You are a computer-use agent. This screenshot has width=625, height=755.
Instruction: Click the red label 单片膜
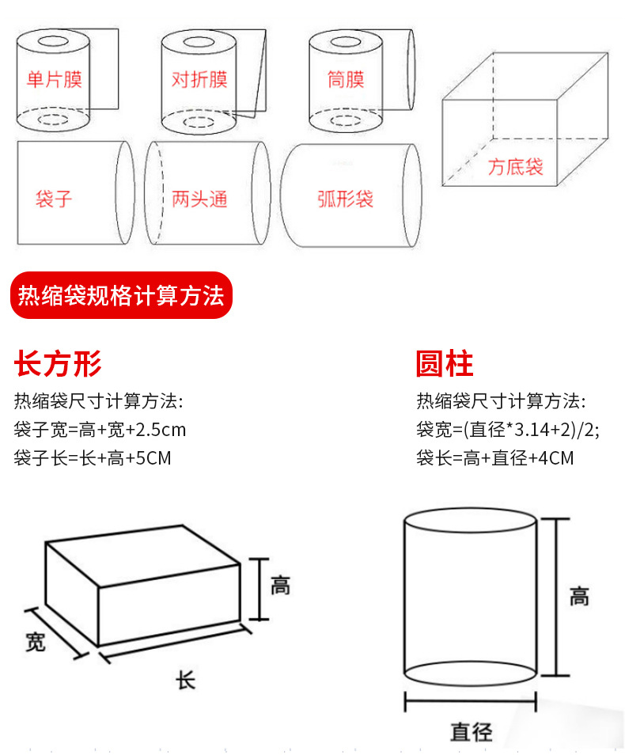[x=55, y=79]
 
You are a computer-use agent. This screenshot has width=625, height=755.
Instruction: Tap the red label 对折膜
[x=199, y=79]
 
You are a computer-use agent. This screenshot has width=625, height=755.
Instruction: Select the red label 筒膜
[x=346, y=79]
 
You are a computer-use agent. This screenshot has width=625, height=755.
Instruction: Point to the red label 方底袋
[x=515, y=166]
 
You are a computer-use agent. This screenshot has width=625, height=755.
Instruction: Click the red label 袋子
[x=54, y=198]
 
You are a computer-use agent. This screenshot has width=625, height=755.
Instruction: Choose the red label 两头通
[x=199, y=198]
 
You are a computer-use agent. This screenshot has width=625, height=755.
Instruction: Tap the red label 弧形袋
[x=346, y=198]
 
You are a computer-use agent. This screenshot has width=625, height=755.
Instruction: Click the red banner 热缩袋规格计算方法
[x=121, y=296]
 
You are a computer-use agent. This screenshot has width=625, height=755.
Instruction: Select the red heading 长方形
[x=59, y=364]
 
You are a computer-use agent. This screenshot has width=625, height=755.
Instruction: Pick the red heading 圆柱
[x=444, y=364]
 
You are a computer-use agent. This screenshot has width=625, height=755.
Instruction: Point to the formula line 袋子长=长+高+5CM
[x=93, y=457]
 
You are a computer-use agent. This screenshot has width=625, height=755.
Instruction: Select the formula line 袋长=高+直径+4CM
[x=495, y=457]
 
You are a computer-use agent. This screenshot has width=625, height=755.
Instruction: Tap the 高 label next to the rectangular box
[x=280, y=586]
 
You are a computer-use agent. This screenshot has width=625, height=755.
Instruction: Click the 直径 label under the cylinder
[x=472, y=732]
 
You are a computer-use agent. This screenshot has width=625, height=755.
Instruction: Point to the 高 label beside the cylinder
[x=579, y=595]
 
